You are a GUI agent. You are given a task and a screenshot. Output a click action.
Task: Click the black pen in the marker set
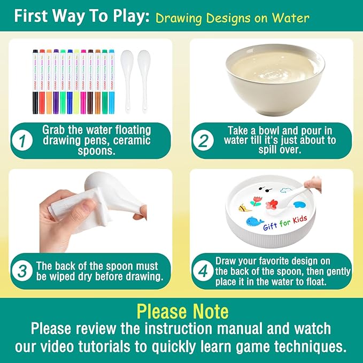(35, 80)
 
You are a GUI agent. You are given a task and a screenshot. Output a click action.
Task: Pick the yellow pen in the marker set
(76, 80)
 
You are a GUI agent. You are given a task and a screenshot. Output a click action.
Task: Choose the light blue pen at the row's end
(111, 80)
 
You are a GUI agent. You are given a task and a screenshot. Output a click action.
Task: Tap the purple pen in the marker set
(56, 80)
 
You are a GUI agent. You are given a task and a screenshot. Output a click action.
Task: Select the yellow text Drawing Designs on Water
(232, 18)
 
